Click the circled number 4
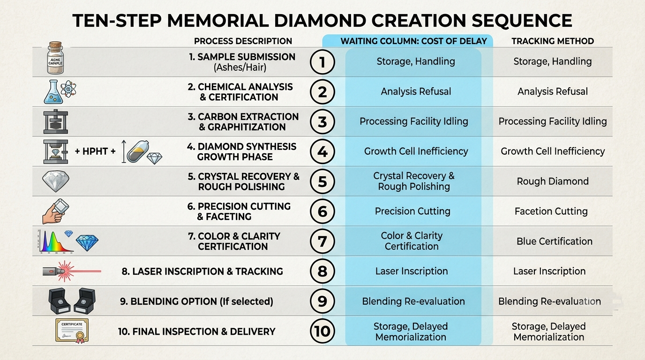coord(322,152)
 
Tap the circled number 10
coord(322,331)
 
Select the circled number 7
coord(322,241)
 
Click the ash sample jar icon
coord(55,58)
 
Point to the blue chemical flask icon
coord(53,92)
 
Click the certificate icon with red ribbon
coord(72,331)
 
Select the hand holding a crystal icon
coord(56,211)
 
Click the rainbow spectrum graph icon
coord(56,241)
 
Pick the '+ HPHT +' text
coord(95,151)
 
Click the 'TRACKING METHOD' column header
coord(553,41)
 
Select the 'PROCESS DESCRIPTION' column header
coord(243,41)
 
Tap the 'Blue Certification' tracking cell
coord(554,241)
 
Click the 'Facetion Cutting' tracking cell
coord(551,211)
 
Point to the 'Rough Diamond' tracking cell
coord(553,181)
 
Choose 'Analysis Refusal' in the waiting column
coord(416,91)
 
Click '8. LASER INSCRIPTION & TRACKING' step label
coord(202,271)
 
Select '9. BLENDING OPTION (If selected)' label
coord(197,301)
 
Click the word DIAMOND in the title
coord(320,21)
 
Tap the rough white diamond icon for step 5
coord(56,181)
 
